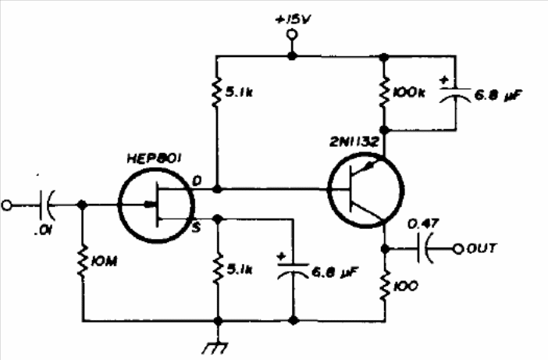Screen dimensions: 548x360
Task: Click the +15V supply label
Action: click(293, 20)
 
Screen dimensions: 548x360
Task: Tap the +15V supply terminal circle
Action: click(292, 34)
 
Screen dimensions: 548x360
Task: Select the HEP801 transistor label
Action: click(154, 159)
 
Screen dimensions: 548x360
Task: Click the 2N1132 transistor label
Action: click(354, 142)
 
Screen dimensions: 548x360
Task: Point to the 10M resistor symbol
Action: click(83, 262)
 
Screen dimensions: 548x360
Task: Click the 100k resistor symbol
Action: click(384, 93)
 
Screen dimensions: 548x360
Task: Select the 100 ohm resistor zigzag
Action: click(385, 287)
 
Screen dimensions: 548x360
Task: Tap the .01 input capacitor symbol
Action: click(46, 205)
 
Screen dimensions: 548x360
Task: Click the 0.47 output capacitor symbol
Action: click(424, 249)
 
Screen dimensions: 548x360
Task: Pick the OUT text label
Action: click(481, 248)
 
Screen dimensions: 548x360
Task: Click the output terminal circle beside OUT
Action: click(457, 249)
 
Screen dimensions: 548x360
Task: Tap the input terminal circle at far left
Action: click(7, 205)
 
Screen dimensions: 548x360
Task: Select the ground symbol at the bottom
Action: click(216, 347)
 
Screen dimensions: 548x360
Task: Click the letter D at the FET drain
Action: click(197, 180)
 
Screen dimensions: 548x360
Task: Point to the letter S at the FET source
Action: click(197, 228)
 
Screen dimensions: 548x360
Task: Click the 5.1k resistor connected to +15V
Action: click(217, 92)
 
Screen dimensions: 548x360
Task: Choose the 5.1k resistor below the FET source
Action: click(217, 269)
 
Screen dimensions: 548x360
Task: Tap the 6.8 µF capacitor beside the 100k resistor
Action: click(454, 94)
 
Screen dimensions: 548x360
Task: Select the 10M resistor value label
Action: click(104, 262)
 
